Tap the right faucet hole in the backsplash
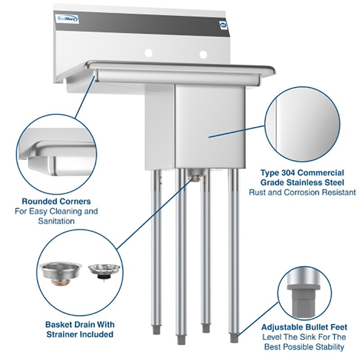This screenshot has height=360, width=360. pyautogui.click(x=203, y=54)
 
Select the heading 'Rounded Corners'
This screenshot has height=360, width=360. pyautogui.click(x=56, y=201)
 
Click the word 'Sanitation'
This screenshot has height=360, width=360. pyautogui.click(x=56, y=221)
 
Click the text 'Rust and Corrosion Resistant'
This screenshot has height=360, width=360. pyautogui.click(x=302, y=192)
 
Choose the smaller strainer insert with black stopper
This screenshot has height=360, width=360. pyautogui.click(x=104, y=271)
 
